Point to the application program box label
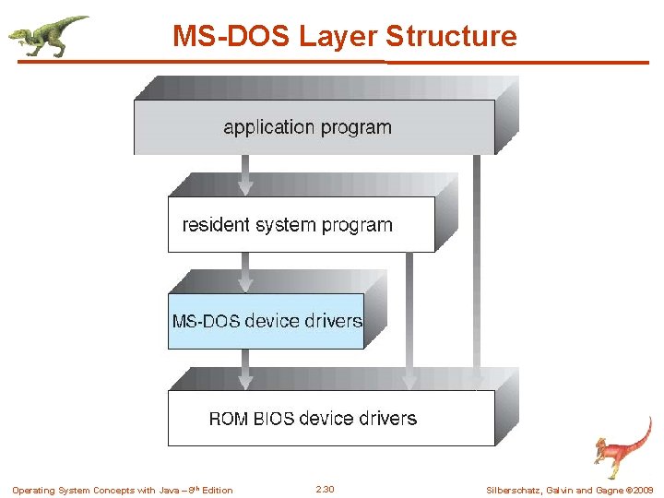coord(307,127)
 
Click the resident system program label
coord(288,225)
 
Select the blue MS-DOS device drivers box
coord(267,321)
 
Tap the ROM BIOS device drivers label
coord(313,419)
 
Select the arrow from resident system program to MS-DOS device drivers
coord(245,273)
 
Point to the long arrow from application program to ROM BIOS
coord(476,267)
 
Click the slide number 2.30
coord(325,490)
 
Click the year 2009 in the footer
coord(643,490)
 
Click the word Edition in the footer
coord(218,490)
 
